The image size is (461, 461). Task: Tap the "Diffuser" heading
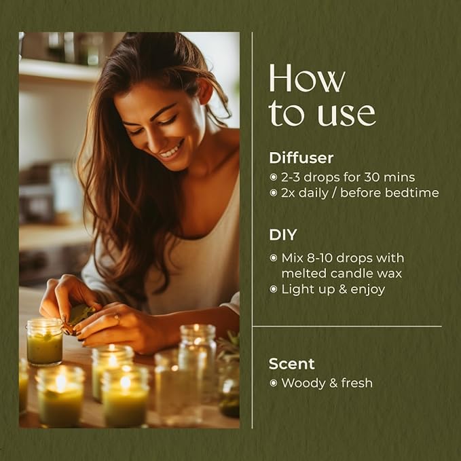click(x=301, y=158)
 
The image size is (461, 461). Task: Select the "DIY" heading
click(x=283, y=235)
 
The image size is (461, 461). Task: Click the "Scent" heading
click(x=291, y=363)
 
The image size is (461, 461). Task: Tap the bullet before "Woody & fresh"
click(x=274, y=383)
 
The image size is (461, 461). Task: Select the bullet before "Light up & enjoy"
click(x=274, y=289)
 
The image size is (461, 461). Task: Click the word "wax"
click(x=389, y=273)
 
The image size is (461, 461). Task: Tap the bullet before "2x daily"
click(x=274, y=193)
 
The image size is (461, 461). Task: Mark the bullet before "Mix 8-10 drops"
click(x=274, y=258)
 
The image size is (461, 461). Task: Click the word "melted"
click(x=303, y=273)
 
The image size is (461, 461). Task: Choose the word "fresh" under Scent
click(x=357, y=383)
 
